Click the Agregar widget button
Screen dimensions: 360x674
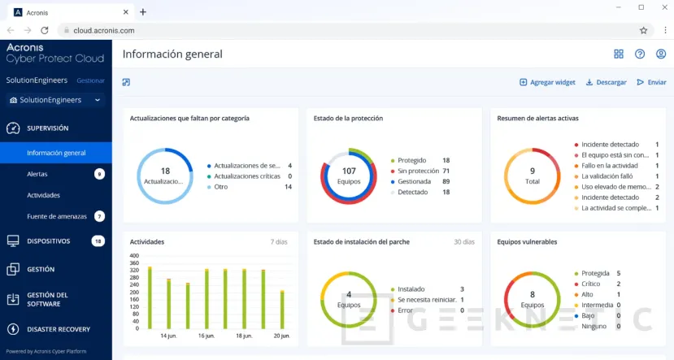point(547,82)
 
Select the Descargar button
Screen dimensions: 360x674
point(606,82)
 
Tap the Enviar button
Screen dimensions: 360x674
point(651,82)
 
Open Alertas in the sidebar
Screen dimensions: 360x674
point(37,174)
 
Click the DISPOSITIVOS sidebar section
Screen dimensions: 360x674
point(48,241)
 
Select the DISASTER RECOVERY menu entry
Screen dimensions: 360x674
point(58,329)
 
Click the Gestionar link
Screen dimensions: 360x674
point(90,80)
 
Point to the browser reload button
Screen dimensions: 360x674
point(45,30)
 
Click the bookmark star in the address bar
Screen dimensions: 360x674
point(643,30)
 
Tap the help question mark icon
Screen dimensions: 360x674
point(640,54)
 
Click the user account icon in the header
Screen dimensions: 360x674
point(661,54)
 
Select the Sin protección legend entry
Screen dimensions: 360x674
point(419,171)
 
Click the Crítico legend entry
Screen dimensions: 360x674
point(590,284)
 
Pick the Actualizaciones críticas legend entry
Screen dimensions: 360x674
point(252,176)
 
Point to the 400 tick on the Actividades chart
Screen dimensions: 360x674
point(134,255)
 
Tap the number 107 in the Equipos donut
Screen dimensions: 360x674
point(349,171)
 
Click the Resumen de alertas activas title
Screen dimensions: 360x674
point(537,118)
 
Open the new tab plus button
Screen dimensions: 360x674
point(143,11)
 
